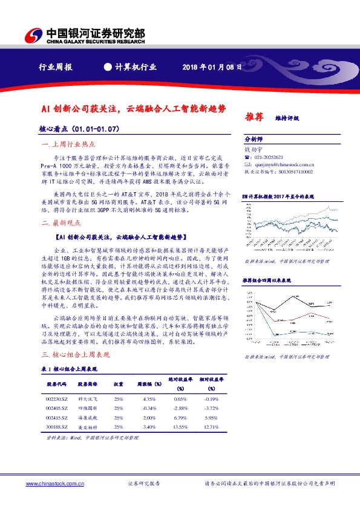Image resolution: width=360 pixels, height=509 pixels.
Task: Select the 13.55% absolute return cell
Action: [x=180, y=427]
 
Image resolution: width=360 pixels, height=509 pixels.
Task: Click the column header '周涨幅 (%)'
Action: [x=149, y=383]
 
